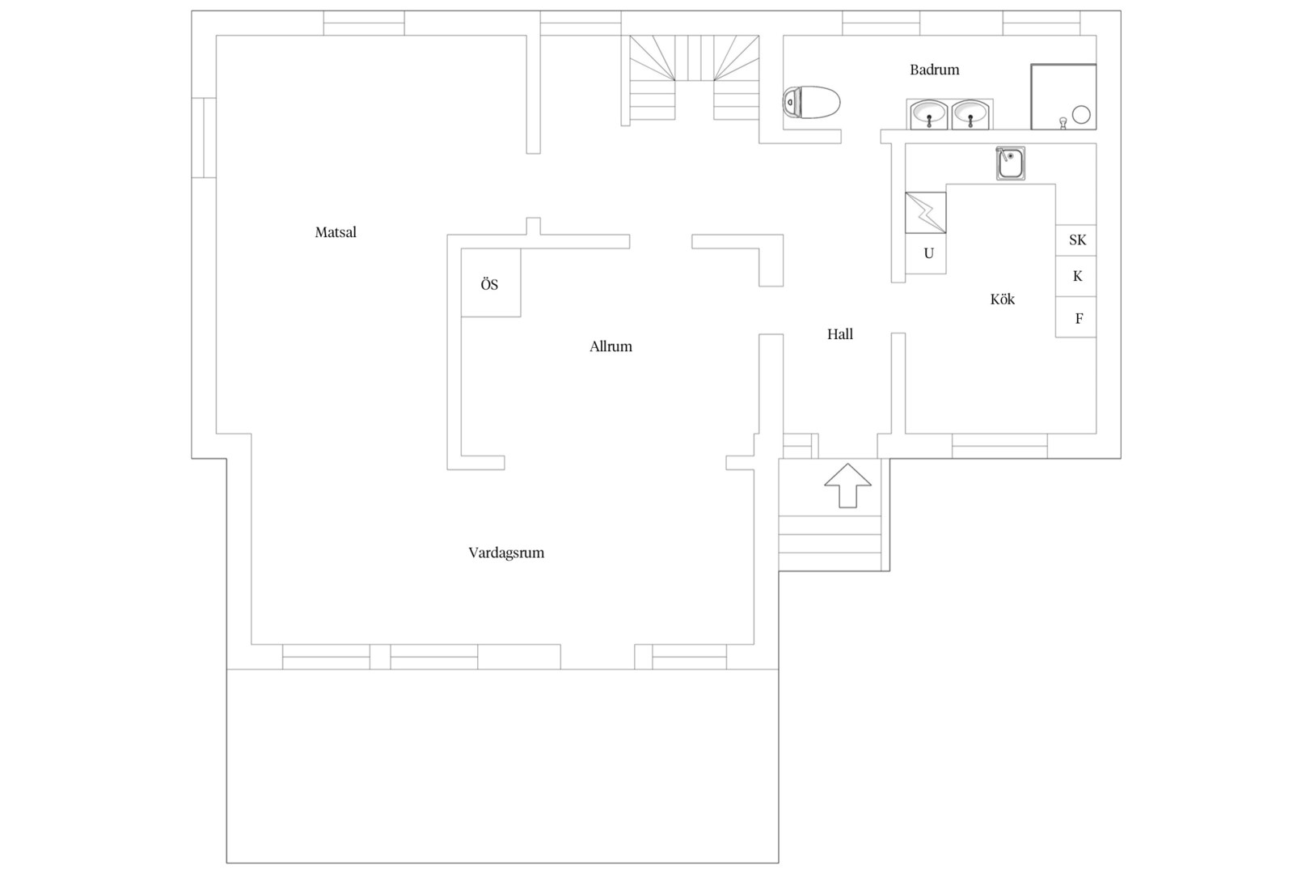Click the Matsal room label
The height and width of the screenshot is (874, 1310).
click(x=336, y=232)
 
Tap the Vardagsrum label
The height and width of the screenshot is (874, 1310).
click(x=506, y=554)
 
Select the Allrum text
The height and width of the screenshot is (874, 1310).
click(x=611, y=346)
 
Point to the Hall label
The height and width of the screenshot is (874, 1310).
click(x=840, y=334)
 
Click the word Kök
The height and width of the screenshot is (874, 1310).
click(x=1003, y=299)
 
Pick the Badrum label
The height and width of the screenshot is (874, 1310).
click(x=935, y=70)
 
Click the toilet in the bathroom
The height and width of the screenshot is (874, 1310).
click(x=811, y=103)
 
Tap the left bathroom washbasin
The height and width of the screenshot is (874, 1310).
click(x=928, y=114)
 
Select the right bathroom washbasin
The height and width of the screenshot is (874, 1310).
click(x=970, y=114)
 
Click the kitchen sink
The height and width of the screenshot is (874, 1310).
click(x=1011, y=163)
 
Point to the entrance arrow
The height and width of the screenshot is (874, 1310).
click(x=848, y=486)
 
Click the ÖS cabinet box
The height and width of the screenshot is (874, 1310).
click(x=491, y=282)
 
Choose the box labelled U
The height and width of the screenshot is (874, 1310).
click(x=926, y=253)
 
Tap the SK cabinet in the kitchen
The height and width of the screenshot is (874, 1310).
click(x=1076, y=240)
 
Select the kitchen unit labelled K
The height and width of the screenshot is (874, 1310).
click(x=1076, y=276)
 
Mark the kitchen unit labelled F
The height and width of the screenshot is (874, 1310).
click(x=1076, y=317)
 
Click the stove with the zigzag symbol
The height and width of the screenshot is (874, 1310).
click(x=926, y=213)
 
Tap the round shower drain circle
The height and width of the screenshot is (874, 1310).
click(x=1081, y=115)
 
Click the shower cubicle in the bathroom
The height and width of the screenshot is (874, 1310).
click(x=1063, y=96)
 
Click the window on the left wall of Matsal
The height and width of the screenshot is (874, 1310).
click(x=204, y=138)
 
